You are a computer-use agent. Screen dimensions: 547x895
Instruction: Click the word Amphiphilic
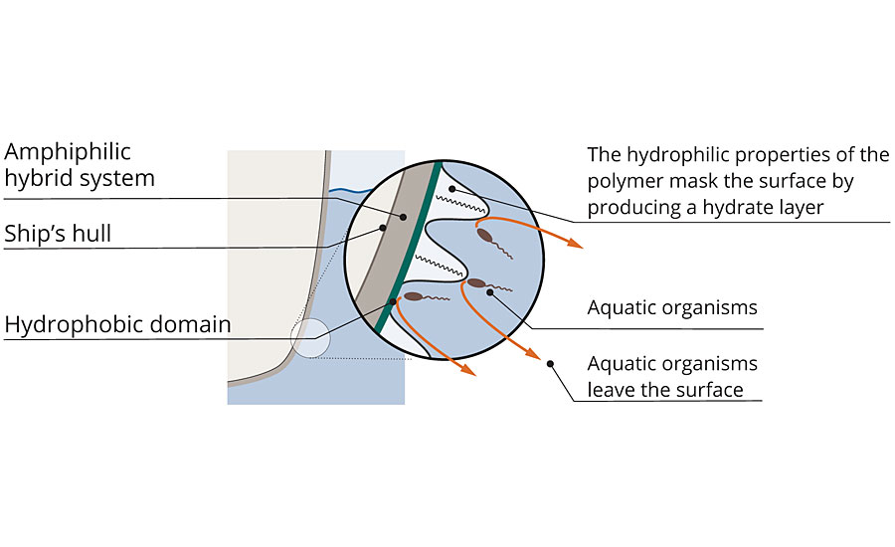(68, 153)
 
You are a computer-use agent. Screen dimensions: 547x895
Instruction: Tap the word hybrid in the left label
(38, 179)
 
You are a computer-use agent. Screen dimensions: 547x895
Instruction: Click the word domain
(193, 324)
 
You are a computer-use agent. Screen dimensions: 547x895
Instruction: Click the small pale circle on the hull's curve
(309, 338)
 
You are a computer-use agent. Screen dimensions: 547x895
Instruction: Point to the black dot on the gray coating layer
(404, 216)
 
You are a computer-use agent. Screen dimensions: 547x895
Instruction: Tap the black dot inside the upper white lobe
(452, 188)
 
